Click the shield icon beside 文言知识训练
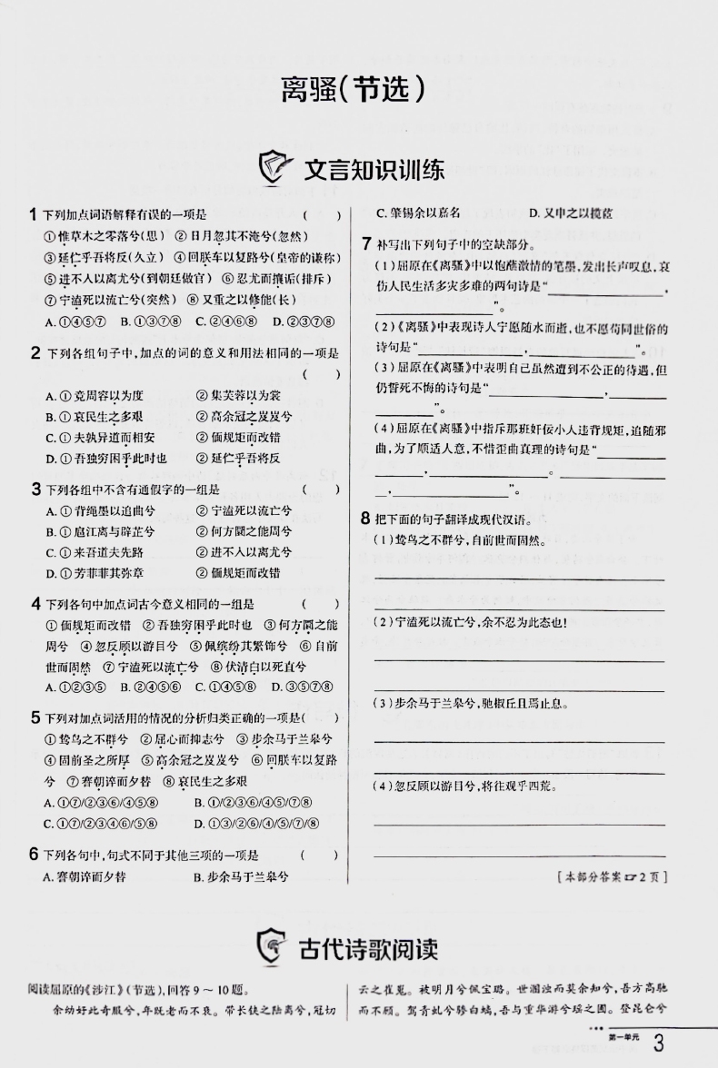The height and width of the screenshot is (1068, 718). (x=276, y=169)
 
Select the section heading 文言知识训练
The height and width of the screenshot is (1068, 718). (x=374, y=170)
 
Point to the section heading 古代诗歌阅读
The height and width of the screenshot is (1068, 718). (x=368, y=949)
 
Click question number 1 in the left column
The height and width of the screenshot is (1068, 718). (x=33, y=215)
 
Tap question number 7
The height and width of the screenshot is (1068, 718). (x=365, y=243)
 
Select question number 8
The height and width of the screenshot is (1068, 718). (x=365, y=519)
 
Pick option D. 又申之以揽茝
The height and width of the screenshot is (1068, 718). (x=570, y=213)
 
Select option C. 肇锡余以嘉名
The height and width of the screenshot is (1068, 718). (x=418, y=213)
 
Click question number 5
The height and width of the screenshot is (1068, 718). (x=34, y=717)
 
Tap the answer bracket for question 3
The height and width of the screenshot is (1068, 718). (x=321, y=489)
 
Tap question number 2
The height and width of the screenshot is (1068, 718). (x=34, y=352)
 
